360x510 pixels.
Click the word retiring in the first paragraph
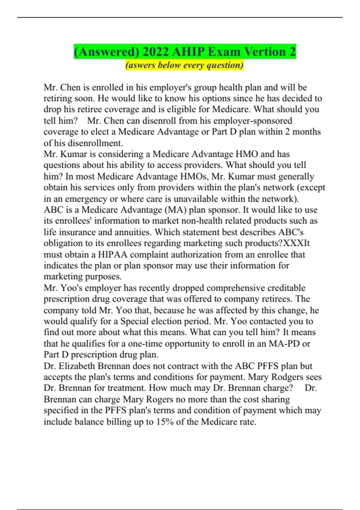click(x=57, y=98)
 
